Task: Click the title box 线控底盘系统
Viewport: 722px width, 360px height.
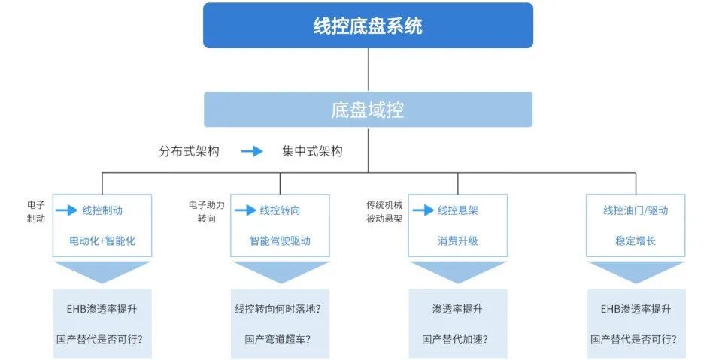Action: tap(368, 26)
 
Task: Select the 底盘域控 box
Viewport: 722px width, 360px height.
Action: tap(368, 110)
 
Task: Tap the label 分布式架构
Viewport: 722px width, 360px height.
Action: tap(189, 151)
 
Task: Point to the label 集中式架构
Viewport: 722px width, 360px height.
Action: tap(312, 151)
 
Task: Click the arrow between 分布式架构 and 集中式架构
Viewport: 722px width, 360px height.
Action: tap(251, 151)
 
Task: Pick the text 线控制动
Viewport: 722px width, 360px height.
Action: tap(102, 210)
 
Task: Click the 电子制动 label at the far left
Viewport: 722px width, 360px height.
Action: tap(36, 211)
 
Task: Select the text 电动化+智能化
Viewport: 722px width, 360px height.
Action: tap(102, 242)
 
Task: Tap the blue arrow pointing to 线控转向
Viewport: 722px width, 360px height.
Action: tap(245, 210)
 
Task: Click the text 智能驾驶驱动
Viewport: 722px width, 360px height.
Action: tap(280, 242)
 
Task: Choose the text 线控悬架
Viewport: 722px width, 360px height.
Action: tap(458, 210)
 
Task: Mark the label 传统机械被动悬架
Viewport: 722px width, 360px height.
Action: tap(384, 211)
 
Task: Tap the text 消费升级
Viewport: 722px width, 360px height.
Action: tap(458, 242)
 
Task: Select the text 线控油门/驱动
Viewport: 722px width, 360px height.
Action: tap(636, 210)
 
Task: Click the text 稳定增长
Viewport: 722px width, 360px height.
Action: tap(636, 242)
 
